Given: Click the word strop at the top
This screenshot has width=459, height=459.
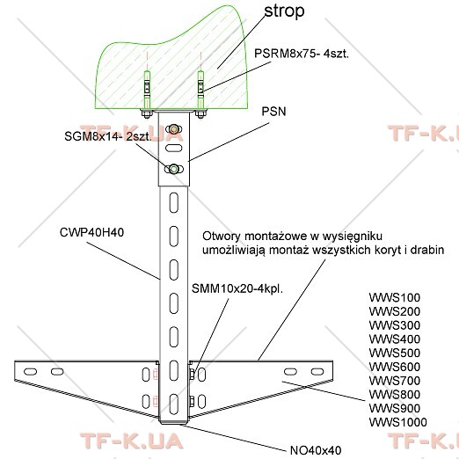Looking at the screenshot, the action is pyautogui.click(x=284, y=11).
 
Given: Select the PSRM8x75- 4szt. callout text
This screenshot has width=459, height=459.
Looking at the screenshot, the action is pyautogui.click(x=302, y=54).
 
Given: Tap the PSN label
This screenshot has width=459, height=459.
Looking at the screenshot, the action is pyautogui.click(x=273, y=112).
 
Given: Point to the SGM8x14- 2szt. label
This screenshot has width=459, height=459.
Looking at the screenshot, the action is pyautogui.click(x=108, y=136).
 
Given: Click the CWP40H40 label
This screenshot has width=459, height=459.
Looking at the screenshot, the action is pyautogui.click(x=91, y=232).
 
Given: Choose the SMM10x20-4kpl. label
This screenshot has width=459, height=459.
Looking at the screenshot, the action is pyautogui.click(x=237, y=288).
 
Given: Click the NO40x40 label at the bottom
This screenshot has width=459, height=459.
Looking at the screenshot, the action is pyautogui.click(x=316, y=450).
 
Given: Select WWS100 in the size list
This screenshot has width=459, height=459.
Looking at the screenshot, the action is pyautogui.click(x=395, y=297).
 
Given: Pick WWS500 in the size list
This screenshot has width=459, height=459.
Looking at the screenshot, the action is pyautogui.click(x=395, y=353).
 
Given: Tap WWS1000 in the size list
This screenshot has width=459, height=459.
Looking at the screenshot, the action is pyautogui.click(x=397, y=422).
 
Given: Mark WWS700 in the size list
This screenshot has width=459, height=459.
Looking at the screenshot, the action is pyautogui.click(x=395, y=381).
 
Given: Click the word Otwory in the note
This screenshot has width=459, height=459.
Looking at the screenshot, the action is pyautogui.click(x=222, y=236).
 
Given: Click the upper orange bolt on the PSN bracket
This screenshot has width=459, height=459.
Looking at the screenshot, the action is pyautogui.click(x=173, y=128).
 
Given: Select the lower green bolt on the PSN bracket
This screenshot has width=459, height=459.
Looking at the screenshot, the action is pyautogui.click(x=173, y=169).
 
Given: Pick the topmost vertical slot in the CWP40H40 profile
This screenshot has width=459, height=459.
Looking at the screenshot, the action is pyautogui.click(x=174, y=202).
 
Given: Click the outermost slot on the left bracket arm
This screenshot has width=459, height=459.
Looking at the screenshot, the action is pyautogui.click(x=30, y=372).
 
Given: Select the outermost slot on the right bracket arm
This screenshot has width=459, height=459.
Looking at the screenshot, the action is pyautogui.click(x=317, y=372).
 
